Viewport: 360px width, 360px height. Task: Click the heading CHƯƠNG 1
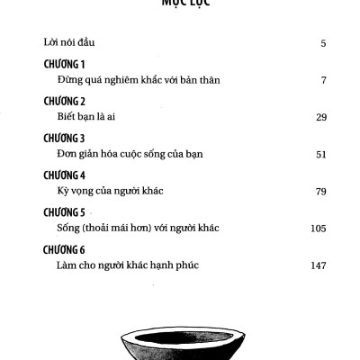pyautogui.click(x=63, y=66)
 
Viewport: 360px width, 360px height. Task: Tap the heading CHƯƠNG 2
pyautogui.click(x=63, y=103)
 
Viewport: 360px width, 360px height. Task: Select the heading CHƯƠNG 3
pyautogui.click(x=63, y=139)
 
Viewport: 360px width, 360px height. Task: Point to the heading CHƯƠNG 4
pyautogui.click(x=63, y=176)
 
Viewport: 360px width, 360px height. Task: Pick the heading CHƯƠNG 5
pyautogui.click(x=63, y=213)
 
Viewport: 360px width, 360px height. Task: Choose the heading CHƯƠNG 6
pyautogui.click(x=63, y=250)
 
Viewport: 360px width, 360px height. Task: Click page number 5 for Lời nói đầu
pyautogui.click(x=323, y=43)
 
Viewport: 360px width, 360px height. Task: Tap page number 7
pyautogui.click(x=323, y=80)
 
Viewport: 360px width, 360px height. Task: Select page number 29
pyautogui.click(x=320, y=117)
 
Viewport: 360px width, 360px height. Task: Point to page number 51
pyautogui.click(x=320, y=154)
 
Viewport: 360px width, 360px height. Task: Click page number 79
pyautogui.click(x=320, y=191)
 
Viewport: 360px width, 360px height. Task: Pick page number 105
pyautogui.click(x=318, y=228)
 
